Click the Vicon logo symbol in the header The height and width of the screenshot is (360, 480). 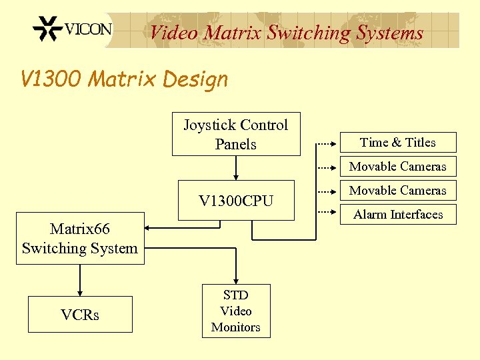[x=47, y=29]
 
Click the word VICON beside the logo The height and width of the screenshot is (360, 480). [x=88, y=29]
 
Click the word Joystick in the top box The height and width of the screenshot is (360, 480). [x=209, y=125]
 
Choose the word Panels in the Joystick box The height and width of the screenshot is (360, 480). [x=236, y=144]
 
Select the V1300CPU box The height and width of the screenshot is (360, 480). [x=236, y=200]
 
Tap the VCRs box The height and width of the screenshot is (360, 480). [x=80, y=315]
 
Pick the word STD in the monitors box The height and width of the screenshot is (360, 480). [x=236, y=295]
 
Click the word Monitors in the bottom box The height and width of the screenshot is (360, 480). [x=236, y=327]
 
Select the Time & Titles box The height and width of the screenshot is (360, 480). [x=398, y=143]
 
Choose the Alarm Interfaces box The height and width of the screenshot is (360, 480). [x=398, y=215]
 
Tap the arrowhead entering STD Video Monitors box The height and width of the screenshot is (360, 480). [x=236, y=281]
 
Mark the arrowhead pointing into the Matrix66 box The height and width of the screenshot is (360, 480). [x=149, y=227]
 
